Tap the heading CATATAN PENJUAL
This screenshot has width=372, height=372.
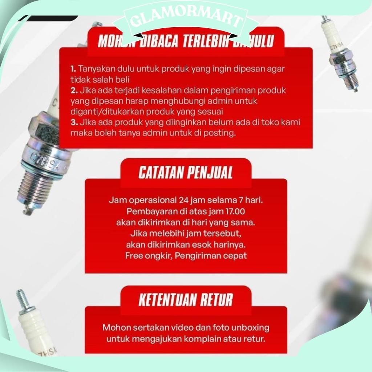click(185, 173)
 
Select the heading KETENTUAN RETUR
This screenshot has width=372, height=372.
click(185, 300)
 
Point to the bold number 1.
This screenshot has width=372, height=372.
click(73, 68)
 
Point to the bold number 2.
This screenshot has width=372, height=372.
click(73, 90)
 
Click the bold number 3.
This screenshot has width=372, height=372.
click(73, 122)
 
